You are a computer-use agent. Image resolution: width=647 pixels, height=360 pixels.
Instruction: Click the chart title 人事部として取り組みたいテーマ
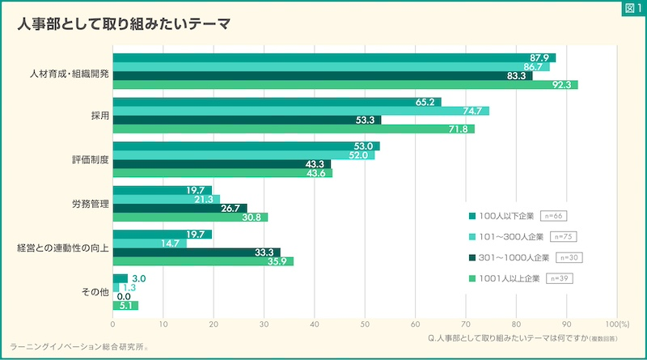pos(123,24)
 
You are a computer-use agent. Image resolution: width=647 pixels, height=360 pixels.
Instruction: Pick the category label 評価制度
pos(89,159)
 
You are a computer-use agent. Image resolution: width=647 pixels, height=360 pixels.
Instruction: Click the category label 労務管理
pos(89,203)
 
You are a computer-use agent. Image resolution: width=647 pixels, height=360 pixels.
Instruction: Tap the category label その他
pos(95,291)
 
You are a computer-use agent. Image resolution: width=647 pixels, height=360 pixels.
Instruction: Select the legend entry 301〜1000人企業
pos(508,258)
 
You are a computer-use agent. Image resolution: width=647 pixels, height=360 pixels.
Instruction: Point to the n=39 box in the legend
pos(561,279)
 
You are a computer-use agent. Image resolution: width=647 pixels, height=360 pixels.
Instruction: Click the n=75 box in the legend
pos(562,237)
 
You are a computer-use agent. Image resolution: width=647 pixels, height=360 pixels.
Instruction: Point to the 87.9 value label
pos(539,57)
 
